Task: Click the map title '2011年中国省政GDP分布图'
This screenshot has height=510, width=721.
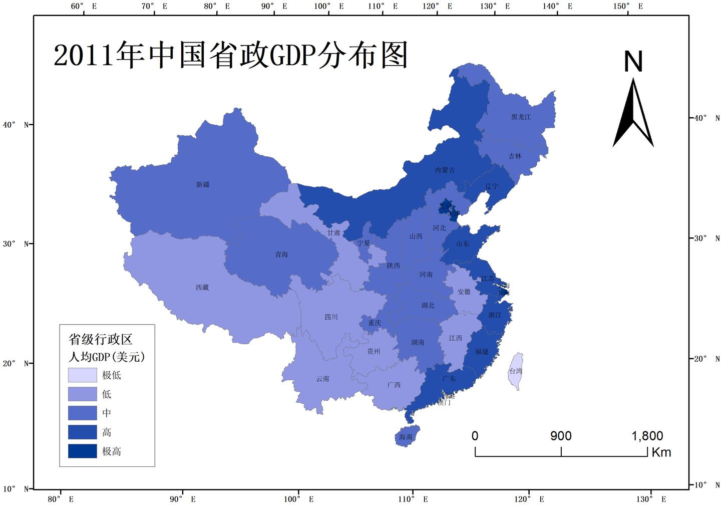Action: [230, 55]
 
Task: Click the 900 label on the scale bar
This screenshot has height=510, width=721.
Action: [561, 436]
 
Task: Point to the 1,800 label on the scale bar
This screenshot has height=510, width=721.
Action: [647, 436]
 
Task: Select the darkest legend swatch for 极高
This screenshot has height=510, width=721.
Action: [83, 451]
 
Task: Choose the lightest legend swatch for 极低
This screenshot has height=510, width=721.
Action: [83, 375]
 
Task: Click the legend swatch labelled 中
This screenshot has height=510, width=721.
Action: [83, 413]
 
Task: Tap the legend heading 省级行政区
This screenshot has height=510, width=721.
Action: [101, 339]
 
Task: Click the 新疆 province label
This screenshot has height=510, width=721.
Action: [203, 185]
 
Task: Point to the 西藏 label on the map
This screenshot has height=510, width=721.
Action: [202, 288]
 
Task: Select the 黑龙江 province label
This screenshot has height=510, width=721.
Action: [521, 117]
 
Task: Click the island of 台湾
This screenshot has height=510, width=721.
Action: [516, 371]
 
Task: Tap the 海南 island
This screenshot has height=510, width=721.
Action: [406, 436]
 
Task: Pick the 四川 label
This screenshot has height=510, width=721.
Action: [331, 317]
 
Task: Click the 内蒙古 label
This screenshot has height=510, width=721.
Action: [445, 170]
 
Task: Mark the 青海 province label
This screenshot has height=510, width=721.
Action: [282, 254]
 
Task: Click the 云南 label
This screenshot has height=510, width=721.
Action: [323, 379]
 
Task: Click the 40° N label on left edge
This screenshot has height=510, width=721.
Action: [16, 124]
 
